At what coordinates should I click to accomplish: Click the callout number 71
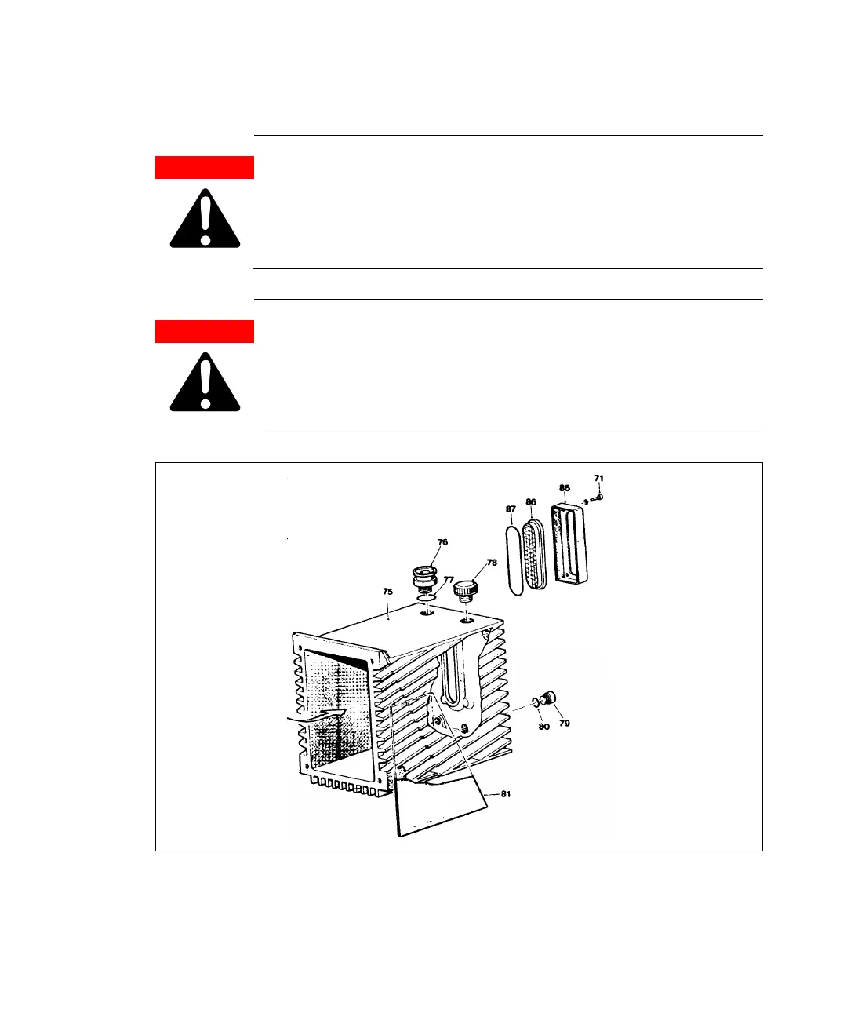click(x=599, y=478)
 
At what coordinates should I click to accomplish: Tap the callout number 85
click(x=565, y=488)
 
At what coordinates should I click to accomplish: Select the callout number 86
click(x=531, y=501)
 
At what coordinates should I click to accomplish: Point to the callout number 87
click(x=511, y=508)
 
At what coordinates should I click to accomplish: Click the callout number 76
click(x=443, y=542)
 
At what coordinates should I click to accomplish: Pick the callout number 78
click(x=492, y=563)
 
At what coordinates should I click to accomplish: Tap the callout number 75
click(x=387, y=592)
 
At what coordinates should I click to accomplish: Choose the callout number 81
click(x=506, y=794)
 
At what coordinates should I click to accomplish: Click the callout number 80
click(x=543, y=726)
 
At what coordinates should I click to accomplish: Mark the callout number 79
click(x=565, y=723)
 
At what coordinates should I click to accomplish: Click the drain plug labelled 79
click(x=551, y=697)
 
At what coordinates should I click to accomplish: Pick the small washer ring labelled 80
click(x=536, y=702)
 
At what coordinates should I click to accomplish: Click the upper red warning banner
click(x=205, y=168)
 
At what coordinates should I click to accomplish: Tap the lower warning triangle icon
click(x=205, y=383)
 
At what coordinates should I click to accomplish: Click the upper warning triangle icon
click(x=205, y=220)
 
